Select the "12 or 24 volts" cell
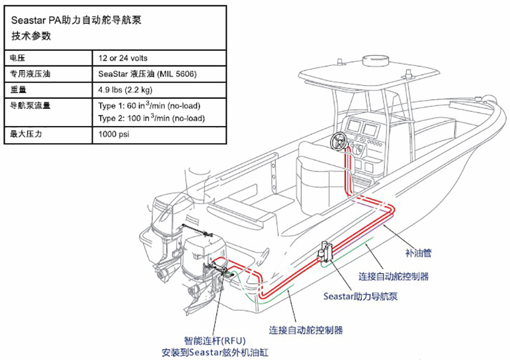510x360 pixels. point(123,58)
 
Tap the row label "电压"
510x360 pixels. point(18,58)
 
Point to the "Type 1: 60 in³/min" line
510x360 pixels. point(149,105)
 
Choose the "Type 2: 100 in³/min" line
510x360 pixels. point(151,118)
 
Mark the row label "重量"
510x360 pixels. point(18,90)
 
